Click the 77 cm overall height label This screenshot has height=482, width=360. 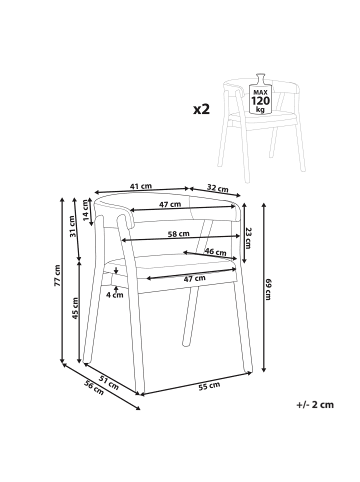tap(57, 276)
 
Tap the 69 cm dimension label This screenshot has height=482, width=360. tap(268, 289)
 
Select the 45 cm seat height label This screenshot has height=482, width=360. tap(75, 308)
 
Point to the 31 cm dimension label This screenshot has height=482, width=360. tap(72, 226)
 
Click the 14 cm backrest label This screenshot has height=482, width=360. tap(86, 210)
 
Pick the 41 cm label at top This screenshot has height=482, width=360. tap(141, 186)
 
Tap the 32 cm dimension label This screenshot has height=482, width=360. tap(218, 188)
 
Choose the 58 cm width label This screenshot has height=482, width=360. tap(178, 234)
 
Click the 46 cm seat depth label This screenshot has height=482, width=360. tap(215, 251)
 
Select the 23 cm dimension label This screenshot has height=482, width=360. tap(247, 238)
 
